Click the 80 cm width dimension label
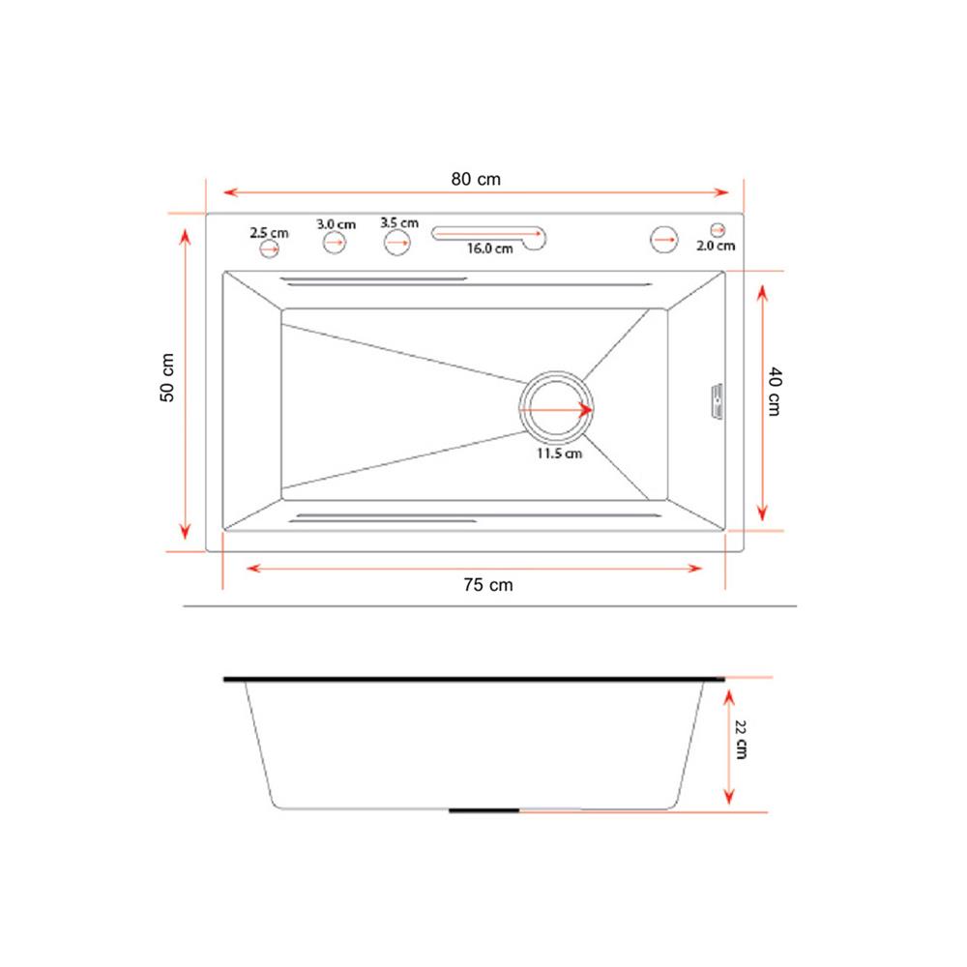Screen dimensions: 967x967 point(476,179)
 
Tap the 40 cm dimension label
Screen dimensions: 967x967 point(774,392)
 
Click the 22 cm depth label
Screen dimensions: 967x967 point(740,740)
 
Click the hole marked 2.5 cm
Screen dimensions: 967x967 point(269,249)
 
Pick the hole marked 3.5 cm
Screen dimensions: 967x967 point(397,242)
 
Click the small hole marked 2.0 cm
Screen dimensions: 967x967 point(718,229)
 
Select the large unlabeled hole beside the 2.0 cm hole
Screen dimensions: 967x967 point(663,239)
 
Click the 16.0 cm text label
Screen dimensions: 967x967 point(489,249)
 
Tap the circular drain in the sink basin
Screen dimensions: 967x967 point(558,410)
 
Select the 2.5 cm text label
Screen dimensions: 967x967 point(269,232)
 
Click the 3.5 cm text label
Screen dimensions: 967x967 point(399,222)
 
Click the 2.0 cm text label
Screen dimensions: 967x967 point(716,246)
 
